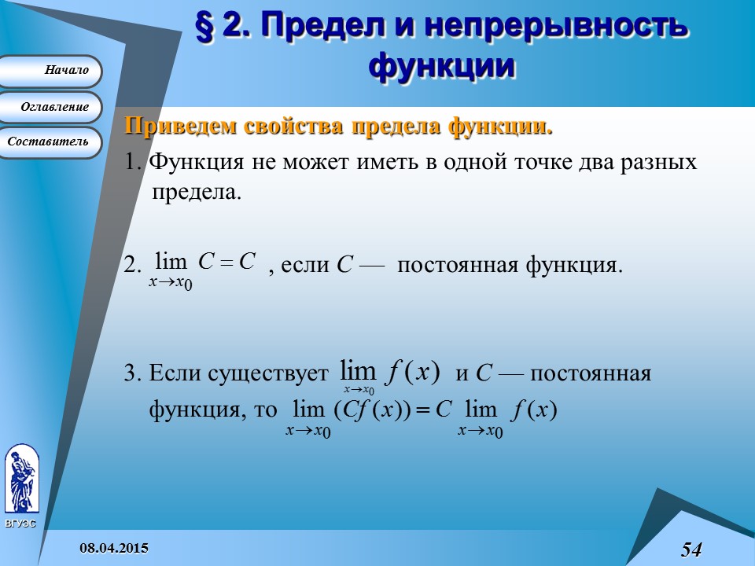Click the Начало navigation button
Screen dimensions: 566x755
tap(52, 71)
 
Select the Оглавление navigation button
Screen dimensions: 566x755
tap(52, 107)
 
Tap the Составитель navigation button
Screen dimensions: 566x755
tap(52, 142)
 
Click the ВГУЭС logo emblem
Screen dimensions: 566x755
tap(20, 480)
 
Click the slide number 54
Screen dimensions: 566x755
tap(691, 549)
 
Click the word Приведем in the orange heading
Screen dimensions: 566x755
tap(179, 127)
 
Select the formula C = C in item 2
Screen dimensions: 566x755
tap(227, 261)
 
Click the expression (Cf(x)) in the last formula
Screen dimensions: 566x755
tap(369, 410)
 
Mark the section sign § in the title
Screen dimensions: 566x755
tap(205, 27)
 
